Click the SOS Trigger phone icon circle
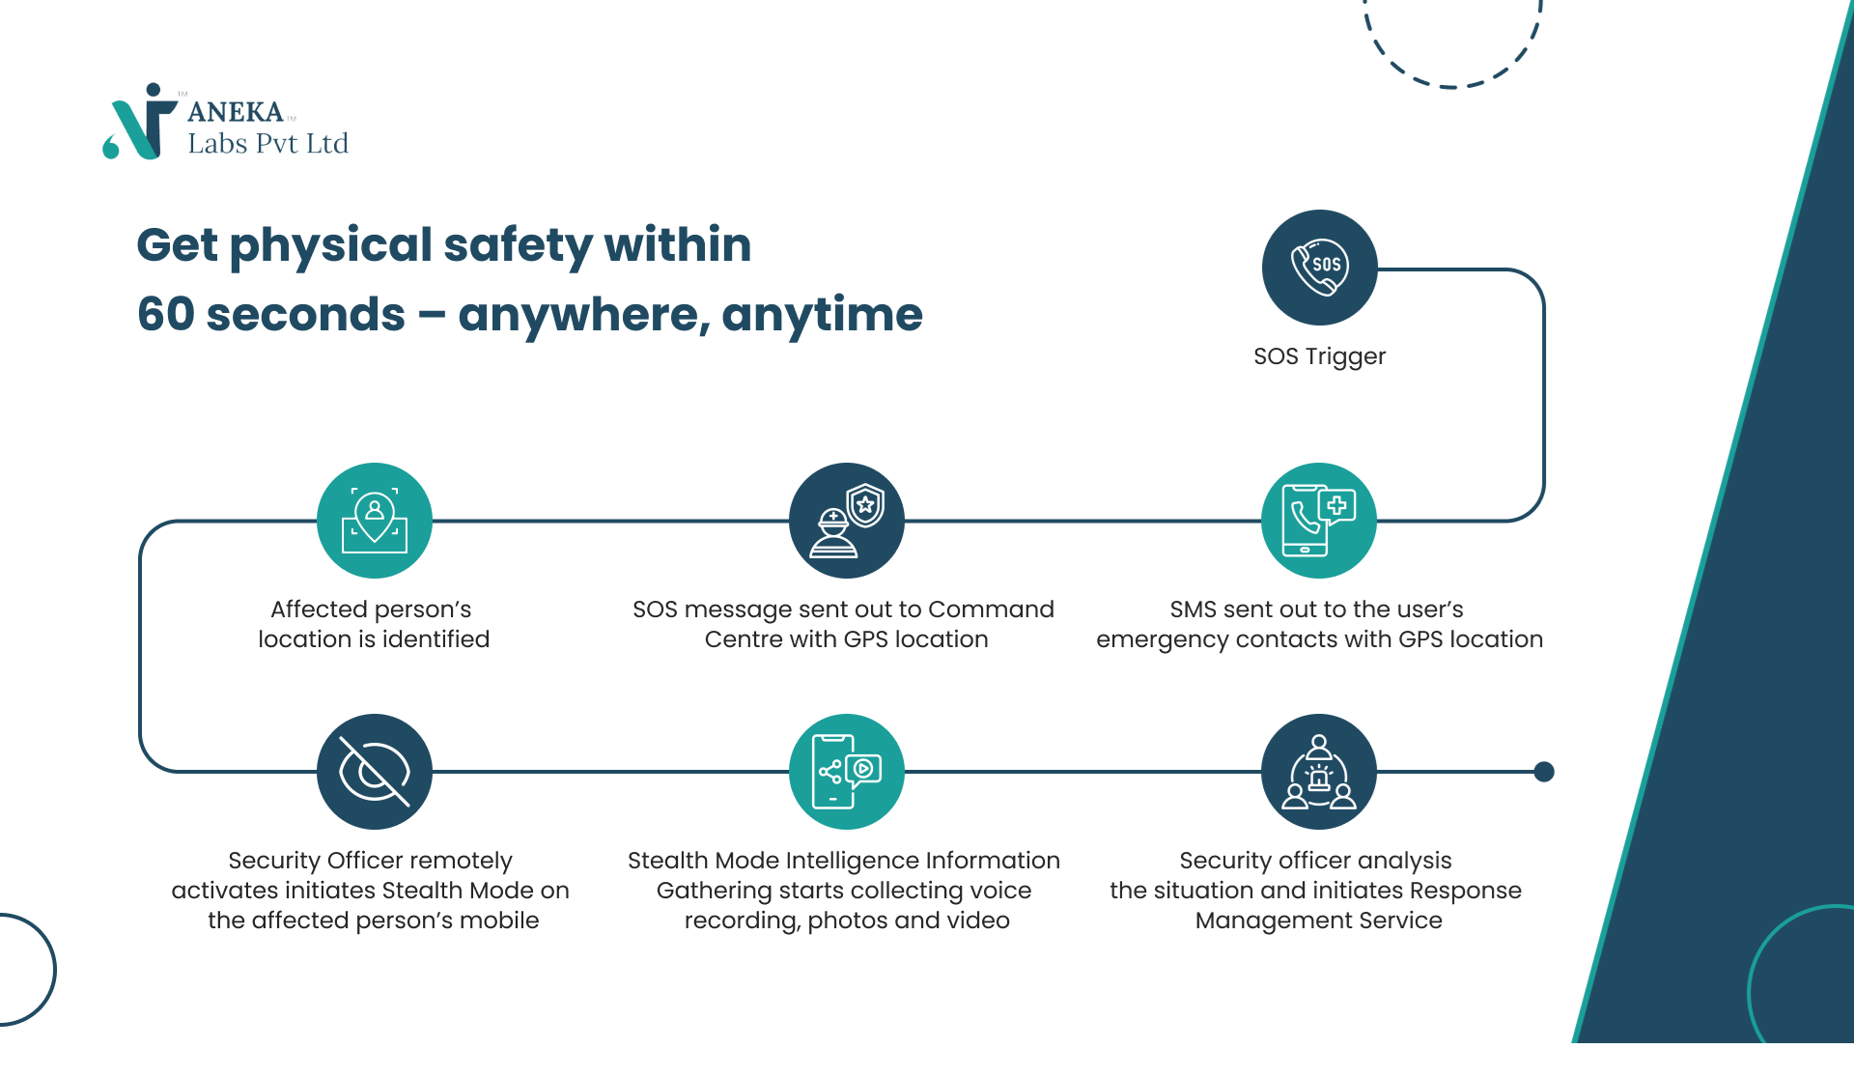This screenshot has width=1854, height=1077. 1319,268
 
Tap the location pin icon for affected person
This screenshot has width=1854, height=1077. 375,521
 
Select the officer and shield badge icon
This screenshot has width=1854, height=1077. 847,521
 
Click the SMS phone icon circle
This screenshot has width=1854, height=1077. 1319,521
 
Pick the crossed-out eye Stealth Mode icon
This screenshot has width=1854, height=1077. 375,772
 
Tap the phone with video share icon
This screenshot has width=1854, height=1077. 847,772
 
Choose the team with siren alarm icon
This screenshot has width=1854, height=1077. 1319,772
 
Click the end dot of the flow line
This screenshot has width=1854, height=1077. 1544,772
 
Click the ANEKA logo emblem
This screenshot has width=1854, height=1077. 140,122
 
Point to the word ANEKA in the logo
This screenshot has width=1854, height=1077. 236,112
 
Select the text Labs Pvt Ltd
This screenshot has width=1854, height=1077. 267,144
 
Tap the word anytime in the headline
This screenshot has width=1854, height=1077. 822,317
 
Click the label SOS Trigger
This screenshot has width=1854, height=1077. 1319,356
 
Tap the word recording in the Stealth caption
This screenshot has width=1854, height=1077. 742,921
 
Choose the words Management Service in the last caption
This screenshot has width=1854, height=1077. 1319,921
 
